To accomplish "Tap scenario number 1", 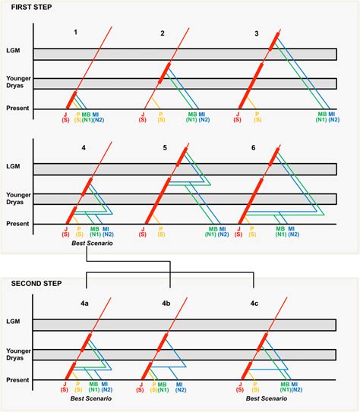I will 76,33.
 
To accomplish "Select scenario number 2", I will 163,33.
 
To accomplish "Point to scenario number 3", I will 257,33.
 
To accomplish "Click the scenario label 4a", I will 85,303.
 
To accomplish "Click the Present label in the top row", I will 17,108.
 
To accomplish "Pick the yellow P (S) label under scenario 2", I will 160,117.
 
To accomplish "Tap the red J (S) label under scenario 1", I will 65,117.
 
